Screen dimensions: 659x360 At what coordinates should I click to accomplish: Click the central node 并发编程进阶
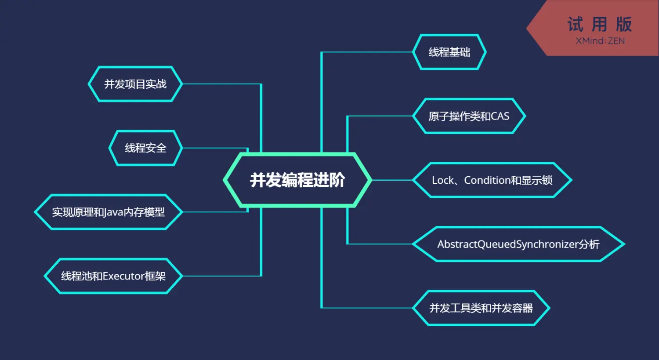(297, 180)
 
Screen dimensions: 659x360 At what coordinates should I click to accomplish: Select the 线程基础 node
(449, 52)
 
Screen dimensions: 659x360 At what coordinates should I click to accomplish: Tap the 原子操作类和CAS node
(469, 116)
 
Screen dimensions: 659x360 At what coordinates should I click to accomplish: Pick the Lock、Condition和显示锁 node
(492, 180)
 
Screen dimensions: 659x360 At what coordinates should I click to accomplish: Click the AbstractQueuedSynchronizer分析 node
(518, 244)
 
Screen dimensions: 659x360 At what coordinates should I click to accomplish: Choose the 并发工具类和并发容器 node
(481, 308)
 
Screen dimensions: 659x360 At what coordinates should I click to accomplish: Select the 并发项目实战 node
(135, 84)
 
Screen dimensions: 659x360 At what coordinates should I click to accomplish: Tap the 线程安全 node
(145, 148)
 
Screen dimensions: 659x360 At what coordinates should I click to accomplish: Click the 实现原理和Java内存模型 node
(108, 212)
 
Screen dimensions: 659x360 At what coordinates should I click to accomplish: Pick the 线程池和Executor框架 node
(113, 276)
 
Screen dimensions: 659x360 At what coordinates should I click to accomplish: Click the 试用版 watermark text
(600, 25)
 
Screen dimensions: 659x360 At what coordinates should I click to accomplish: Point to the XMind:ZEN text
(600, 41)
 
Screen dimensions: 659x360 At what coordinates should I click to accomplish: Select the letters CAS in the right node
(500, 116)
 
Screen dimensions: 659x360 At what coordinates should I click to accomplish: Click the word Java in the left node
(114, 212)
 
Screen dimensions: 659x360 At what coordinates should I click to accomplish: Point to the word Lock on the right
(443, 180)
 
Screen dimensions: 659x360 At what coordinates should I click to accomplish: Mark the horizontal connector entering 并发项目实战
(222, 84)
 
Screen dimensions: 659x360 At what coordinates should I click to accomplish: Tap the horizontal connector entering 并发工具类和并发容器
(367, 308)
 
